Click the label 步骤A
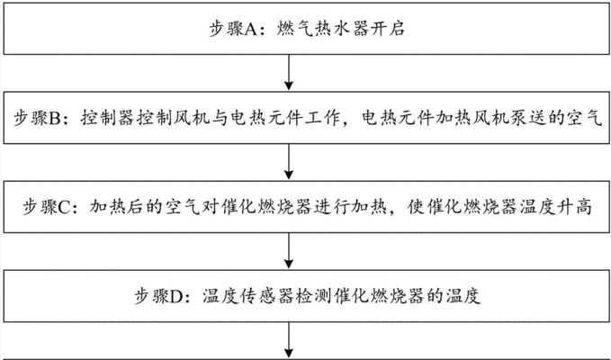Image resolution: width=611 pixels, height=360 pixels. [x=233, y=29]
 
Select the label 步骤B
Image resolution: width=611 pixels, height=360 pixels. [x=37, y=118]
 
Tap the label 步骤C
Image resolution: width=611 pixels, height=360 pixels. [x=46, y=207]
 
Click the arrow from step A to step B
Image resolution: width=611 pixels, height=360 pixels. [x=288, y=73]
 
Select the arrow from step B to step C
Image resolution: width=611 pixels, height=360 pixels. [x=288, y=162]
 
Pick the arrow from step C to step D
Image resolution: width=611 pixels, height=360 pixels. [x=288, y=250]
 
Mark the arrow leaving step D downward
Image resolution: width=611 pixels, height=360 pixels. [x=288, y=339]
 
